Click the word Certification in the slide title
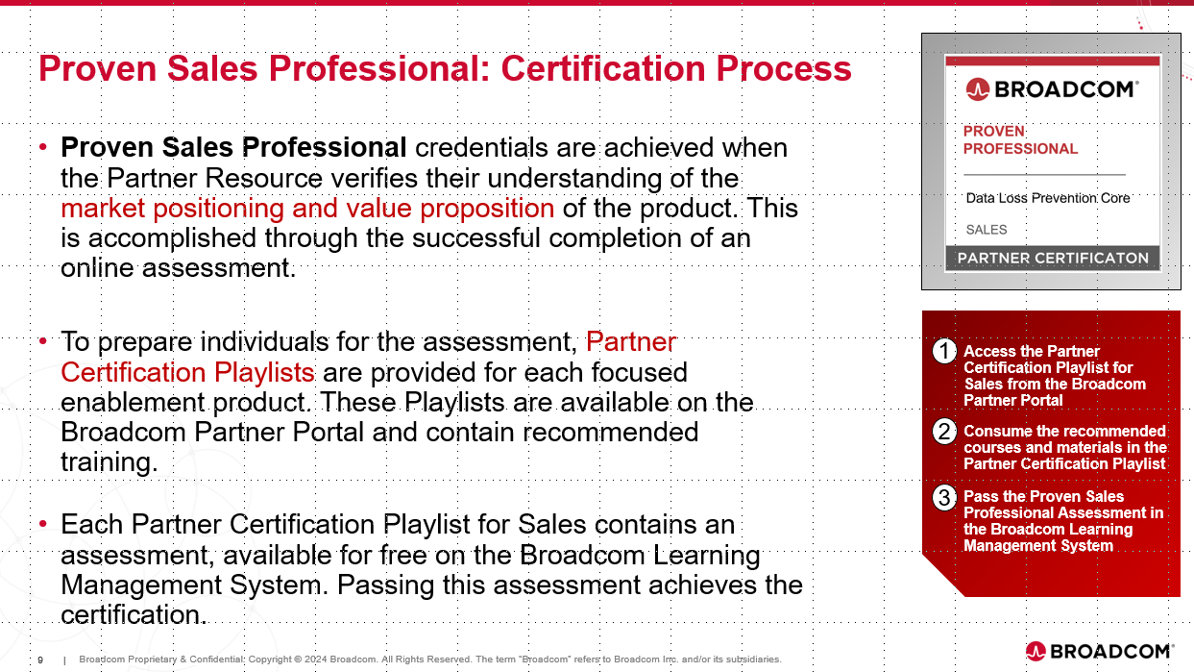click(603, 69)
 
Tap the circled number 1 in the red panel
click(944, 352)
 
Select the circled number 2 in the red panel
click(944, 431)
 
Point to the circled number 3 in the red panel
click(944, 498)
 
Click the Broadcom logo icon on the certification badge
click(978, 89)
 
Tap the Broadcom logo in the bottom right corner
click(1099, 651)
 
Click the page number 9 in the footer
click(40, 660)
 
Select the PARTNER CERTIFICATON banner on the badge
click(1053, 259)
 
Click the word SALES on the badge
click(987, 230)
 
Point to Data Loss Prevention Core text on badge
click(1048, 198)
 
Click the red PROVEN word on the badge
click(993, 131)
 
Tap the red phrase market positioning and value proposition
click(307, 209)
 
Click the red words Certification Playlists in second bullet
click(187, 372)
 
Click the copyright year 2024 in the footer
click(316, 660)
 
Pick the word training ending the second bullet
click(110, 462)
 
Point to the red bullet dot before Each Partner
click(43, 524)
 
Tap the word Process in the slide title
click(784, 69)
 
